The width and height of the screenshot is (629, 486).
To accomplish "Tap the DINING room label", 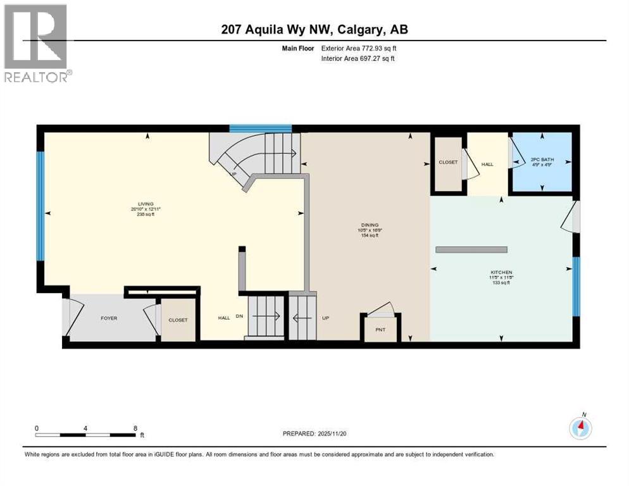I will pyautogui.click(x=370, y=225).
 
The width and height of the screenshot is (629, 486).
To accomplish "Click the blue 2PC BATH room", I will pyautogui.click(x=542, y=163).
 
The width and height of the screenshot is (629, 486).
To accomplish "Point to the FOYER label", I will pyautogui.click(x=109, y=318).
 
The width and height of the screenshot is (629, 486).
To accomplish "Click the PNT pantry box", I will pyautogui.click(x=380, y=329).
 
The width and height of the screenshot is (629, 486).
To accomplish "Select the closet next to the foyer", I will pyautogui.click(x=178, y=320).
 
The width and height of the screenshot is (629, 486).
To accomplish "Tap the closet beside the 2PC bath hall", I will pyautogui.click(x=448, y=163).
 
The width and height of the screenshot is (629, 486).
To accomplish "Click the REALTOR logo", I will pyautogui.click(x=37, y=43).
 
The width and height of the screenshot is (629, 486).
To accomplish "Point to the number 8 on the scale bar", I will pyautogui.click(x=135, y=428).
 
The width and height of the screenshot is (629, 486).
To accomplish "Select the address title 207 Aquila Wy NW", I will pyautogui.click(x=314, y=30).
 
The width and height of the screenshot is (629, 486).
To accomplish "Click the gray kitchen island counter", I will pyautogui.click(x=471, y=249).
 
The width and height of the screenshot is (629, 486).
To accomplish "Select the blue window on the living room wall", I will pyautogui.click(x=40, y=206).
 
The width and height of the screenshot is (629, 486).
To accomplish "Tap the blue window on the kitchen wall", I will pyautogui.click(x=576, y=286).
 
